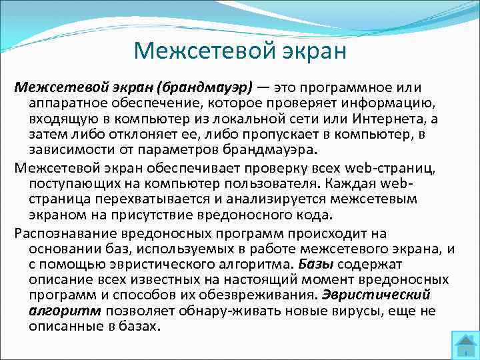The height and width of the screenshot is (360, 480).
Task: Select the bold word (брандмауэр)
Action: click(x=211, y=89)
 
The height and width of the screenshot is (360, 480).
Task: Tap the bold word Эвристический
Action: click(x=377, y=294)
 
